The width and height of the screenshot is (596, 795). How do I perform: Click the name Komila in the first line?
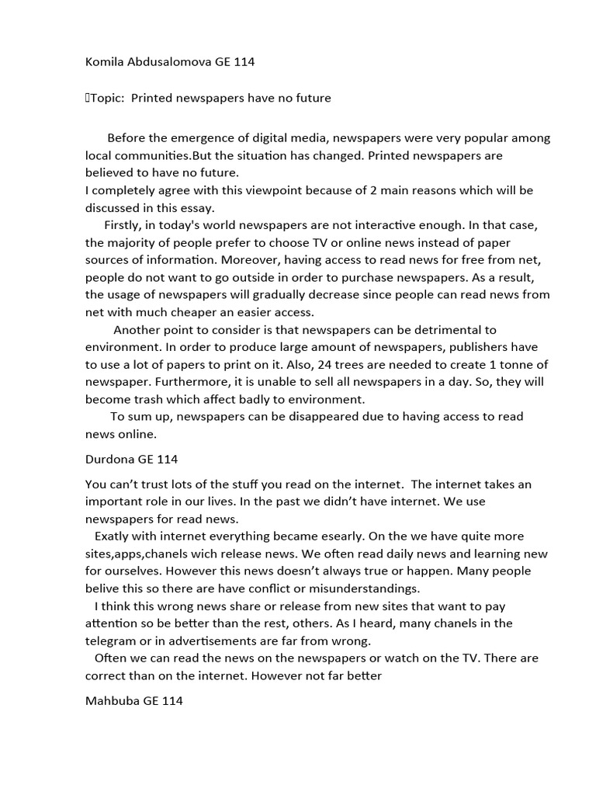point(105,63)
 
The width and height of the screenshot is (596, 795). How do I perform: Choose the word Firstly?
point(124,225)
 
